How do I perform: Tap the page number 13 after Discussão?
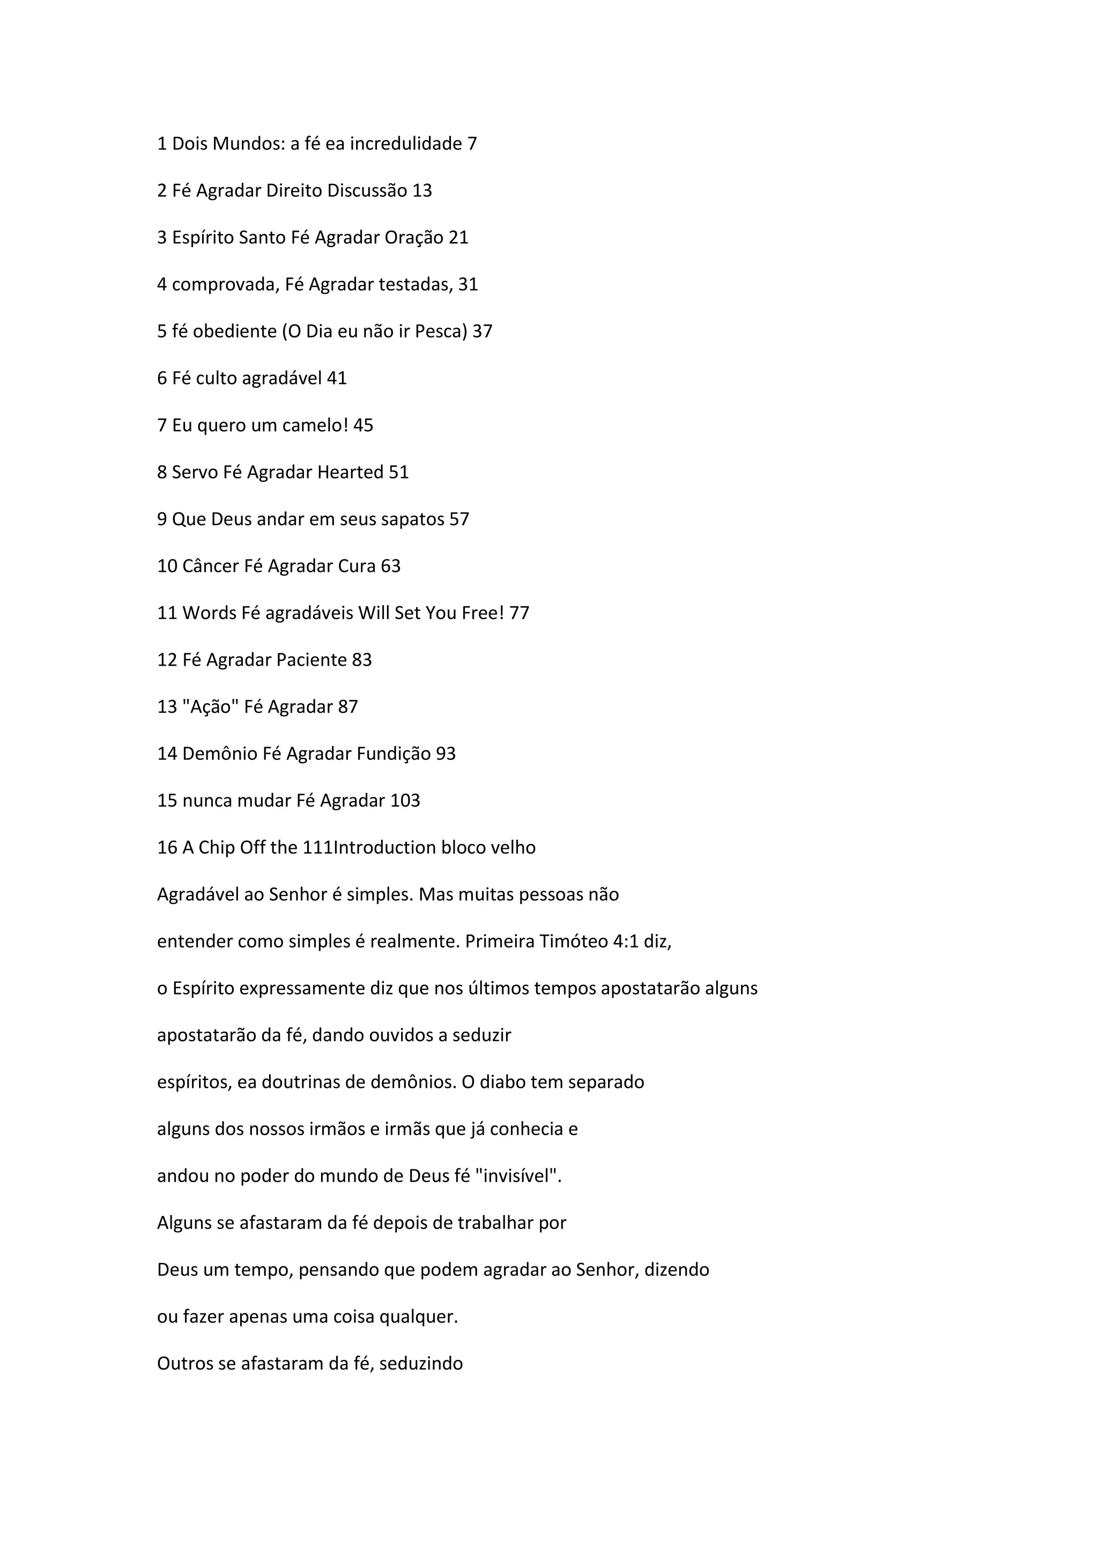422,191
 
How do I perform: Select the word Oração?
414,238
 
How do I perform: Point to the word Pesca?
440,331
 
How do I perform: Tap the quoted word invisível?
518,1176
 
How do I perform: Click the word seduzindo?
421,1363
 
